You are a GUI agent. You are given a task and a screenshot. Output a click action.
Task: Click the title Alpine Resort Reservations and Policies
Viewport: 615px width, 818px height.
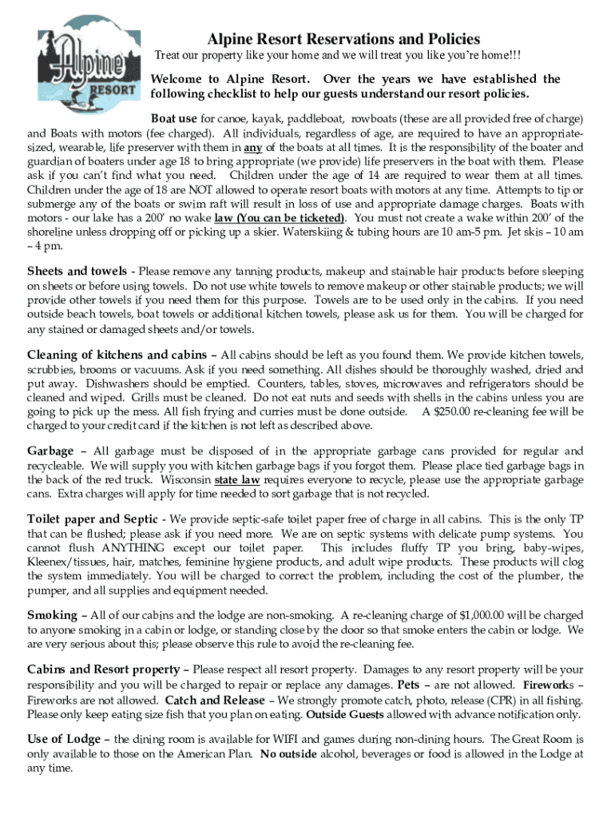344,39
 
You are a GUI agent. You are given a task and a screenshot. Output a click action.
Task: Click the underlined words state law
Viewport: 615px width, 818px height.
236,480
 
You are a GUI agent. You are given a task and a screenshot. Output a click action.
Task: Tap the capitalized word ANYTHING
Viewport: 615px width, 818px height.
133,548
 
